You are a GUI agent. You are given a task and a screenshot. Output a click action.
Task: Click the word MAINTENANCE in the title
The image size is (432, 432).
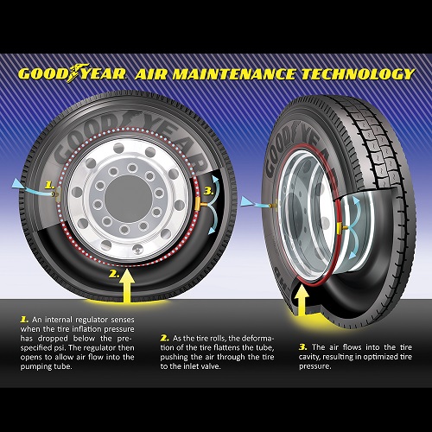tap(234, 74)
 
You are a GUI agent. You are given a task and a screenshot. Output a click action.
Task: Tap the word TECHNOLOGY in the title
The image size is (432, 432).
tap(358, 74)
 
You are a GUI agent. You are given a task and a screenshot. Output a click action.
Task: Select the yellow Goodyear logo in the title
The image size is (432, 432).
tap(72, 73)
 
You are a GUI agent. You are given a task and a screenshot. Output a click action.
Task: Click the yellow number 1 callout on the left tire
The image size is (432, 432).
tap(49, 185)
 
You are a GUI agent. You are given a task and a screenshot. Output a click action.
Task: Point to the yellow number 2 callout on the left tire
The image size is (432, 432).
tap(114, 274)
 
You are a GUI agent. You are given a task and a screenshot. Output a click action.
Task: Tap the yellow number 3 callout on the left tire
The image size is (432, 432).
tap(208, 191)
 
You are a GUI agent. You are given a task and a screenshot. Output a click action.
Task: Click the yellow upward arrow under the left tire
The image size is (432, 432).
tap(126, 286)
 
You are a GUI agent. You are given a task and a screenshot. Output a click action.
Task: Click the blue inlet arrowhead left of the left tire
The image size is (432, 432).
tap(19, 184)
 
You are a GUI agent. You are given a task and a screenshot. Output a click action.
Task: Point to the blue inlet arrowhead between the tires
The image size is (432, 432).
tap(247, 201)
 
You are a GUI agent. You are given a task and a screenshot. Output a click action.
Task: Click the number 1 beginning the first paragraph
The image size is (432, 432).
tap(24, 320)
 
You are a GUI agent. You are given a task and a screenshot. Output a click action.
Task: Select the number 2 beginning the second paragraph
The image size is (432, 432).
tap(165, 338)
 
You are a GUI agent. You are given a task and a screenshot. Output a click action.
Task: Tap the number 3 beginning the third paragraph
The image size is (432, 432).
tap(303, 347)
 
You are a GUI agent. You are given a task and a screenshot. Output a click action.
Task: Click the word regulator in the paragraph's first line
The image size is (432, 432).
tap(92, 320)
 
